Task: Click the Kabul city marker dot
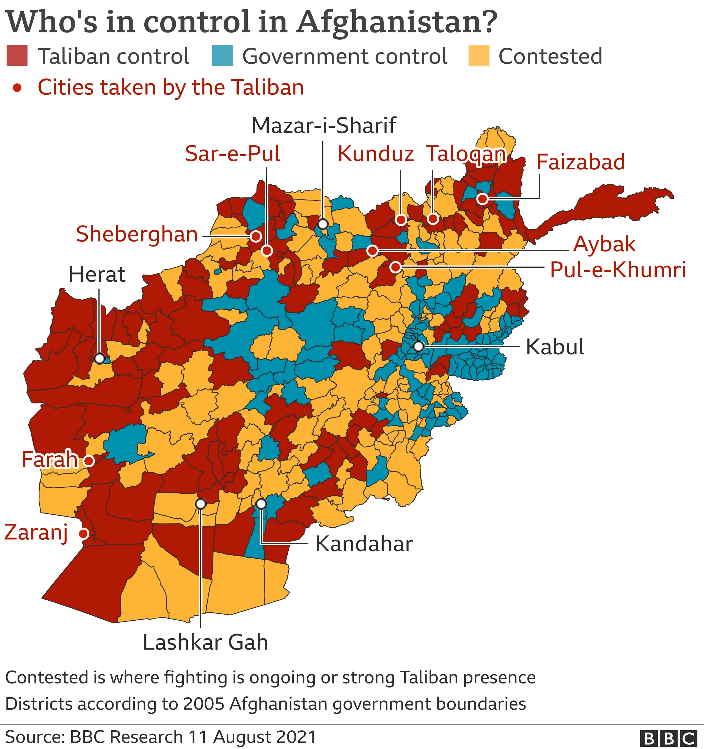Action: coord(418,346)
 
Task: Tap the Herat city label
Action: coord(97,274)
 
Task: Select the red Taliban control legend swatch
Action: coord(17,56)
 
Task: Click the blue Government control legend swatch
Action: coord(222,56)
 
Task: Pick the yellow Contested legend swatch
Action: coord(479,56)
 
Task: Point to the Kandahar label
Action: coord(364,544)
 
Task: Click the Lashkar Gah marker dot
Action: coord(201,504)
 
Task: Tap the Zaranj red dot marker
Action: coord(84,533)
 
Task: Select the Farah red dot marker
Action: coord(89,460)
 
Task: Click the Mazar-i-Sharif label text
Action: coord(324,126)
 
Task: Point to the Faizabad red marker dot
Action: coord(482,199)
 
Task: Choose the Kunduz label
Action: coord(376,154)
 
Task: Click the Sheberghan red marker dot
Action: coord(256,236)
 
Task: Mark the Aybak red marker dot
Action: coord(373,250)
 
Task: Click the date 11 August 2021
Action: coord(252,737)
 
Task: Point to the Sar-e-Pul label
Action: coord(233,154)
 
